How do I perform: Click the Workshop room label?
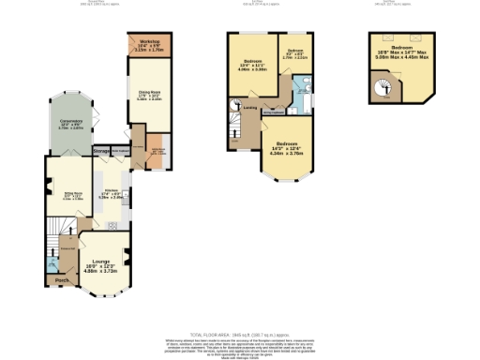pos(146,44)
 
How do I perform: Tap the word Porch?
pos(62,280)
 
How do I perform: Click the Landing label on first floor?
pos(250,108)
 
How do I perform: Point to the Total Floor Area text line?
pos(239,334)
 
